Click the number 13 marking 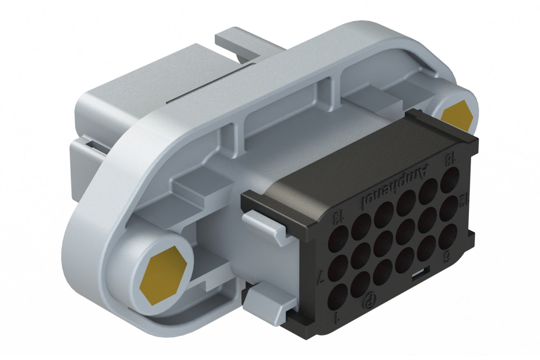pos(338,218)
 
